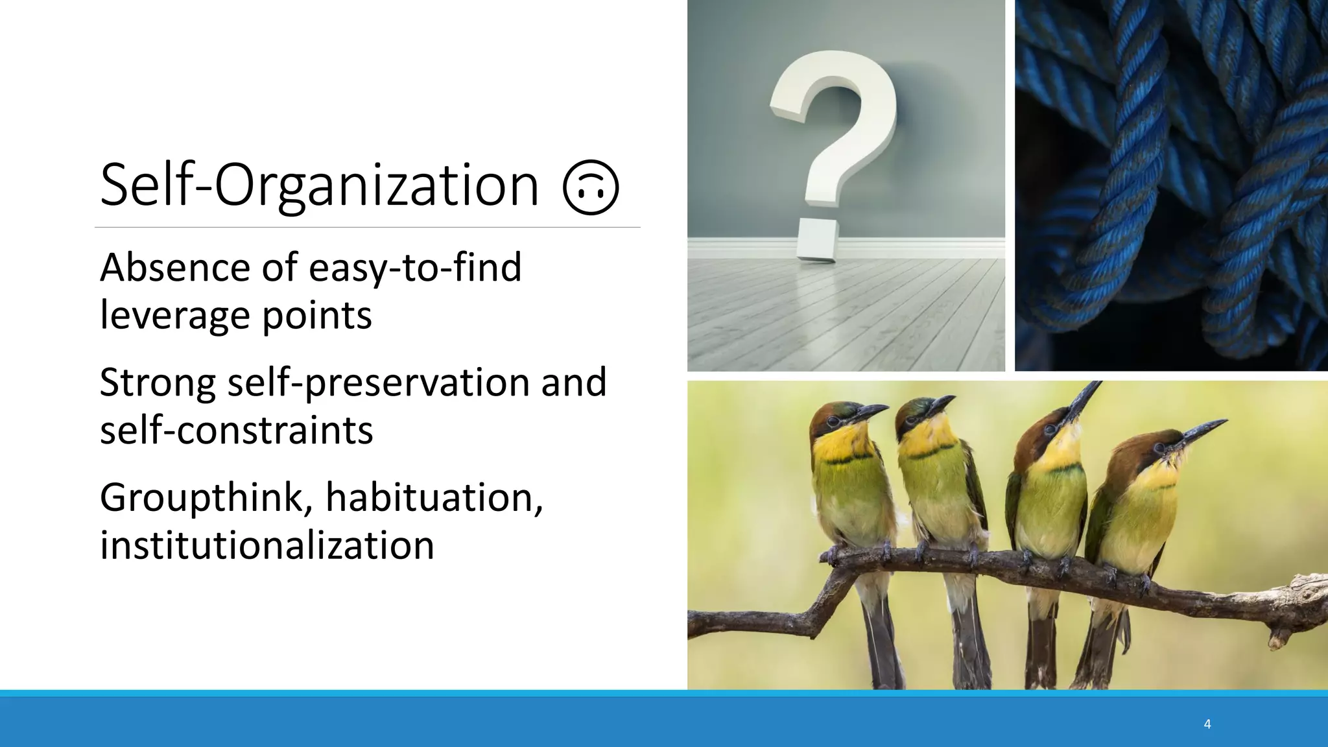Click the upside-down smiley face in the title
tap(591, 187)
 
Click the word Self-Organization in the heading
tap(319, 185)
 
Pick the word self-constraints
tap(236, 430)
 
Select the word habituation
tap(434, 498)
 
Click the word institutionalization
tap(267, 545)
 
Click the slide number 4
tap(1207, 724)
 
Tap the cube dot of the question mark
tap(817, 241)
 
